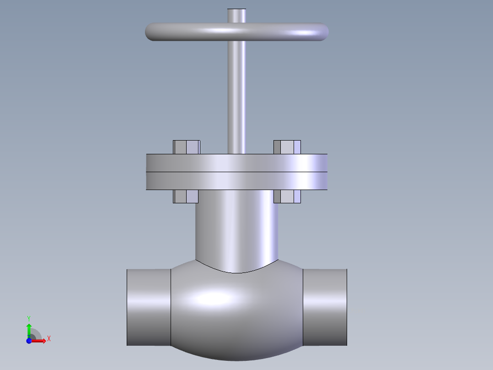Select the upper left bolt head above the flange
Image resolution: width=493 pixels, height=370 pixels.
coord(187,147)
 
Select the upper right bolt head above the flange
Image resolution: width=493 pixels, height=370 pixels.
coord(287,147)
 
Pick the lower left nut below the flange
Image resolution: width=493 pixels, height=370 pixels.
coord(186,196)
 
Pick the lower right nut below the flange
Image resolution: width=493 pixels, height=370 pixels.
coord(287,196)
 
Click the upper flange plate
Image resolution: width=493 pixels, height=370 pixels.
coord(237,163)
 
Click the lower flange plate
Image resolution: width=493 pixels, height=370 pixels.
coord(237,181)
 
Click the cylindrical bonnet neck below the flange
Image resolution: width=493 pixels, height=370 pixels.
coord(237,229)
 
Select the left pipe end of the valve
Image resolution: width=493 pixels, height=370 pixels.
coord(149,307)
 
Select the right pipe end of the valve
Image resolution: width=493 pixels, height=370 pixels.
coord(325,307)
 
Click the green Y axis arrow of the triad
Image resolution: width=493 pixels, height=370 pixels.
coord(29,329)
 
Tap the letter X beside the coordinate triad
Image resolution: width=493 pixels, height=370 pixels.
coord(48,338)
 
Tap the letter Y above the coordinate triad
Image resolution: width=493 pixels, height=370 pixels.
coord(29,318)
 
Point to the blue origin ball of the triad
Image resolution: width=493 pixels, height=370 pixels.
coord(29,341)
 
